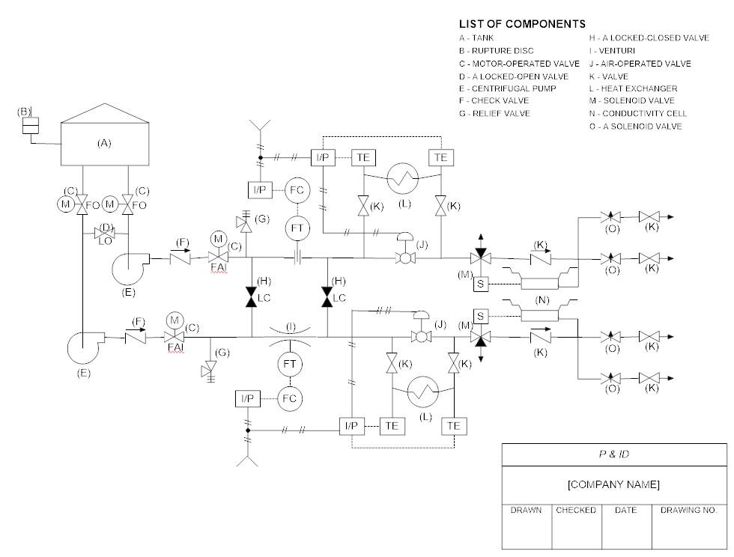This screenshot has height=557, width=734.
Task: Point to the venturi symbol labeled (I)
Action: tap(289, 337)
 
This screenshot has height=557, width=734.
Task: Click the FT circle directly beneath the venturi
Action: tap(289, 365)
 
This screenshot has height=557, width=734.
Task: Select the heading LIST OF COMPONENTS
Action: tap(522, 24)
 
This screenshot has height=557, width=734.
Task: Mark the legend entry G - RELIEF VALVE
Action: tap(494, 113)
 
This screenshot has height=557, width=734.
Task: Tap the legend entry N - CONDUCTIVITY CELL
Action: tap(637, 114)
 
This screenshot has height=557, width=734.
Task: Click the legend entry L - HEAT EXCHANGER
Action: tap(633, 88)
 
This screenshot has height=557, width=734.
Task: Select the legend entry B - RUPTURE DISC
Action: tap(497, 51)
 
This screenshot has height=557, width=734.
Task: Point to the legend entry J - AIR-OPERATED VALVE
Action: tap(640, 64)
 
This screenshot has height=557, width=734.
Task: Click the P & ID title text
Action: tap(613, 454)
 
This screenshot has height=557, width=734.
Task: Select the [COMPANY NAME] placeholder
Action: tap(613, 484)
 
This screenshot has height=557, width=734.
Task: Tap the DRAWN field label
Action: tap(526, 510)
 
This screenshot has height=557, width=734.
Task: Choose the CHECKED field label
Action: tap(576, 510)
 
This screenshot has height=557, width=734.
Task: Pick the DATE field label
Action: tap(625, 510)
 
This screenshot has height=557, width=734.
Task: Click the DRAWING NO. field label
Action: tap(688, 510)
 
